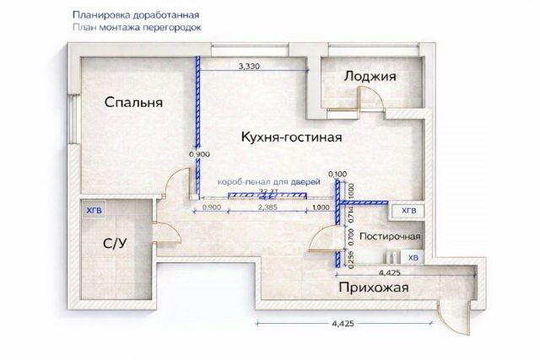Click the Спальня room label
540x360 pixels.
click(133, 102)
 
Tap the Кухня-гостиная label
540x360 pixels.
click(290, 137)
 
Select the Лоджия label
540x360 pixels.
click(370, 77)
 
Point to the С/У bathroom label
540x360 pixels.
click(115, 244)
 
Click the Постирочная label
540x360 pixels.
click(390, 238)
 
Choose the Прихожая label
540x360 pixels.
click(374, 288)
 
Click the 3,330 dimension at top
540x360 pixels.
click(248, 65)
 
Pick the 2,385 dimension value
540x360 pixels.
click(267, 207)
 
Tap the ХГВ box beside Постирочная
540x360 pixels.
click(408, 210)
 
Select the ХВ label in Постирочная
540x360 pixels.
click(413, 257)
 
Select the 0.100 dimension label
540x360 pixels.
click(337, 175)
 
